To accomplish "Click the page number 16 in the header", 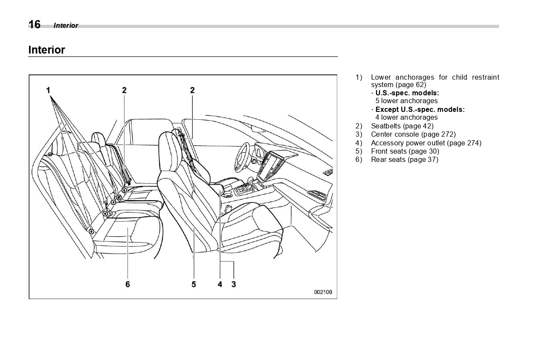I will point(34,25).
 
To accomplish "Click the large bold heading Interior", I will point(47,50).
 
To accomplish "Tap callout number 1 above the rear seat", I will point(48,91).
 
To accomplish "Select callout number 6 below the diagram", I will point(127,284).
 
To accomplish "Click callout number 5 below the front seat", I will point(194,284).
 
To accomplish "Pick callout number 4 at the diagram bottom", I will point(220,284).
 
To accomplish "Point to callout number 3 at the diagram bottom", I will point(234,284).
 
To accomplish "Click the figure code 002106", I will point(323,292).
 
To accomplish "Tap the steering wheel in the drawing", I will point(241,157).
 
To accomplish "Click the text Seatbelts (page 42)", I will point(402,126).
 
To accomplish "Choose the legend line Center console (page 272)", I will point(413,135).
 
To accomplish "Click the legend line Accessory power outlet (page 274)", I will point(426,143).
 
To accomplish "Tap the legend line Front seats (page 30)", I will point(405,151).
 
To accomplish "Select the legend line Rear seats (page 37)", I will point(404,159).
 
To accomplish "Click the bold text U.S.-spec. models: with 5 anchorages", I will point(407,93).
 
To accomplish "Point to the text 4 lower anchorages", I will point(406,118).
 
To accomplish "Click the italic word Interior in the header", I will point(66,26).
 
